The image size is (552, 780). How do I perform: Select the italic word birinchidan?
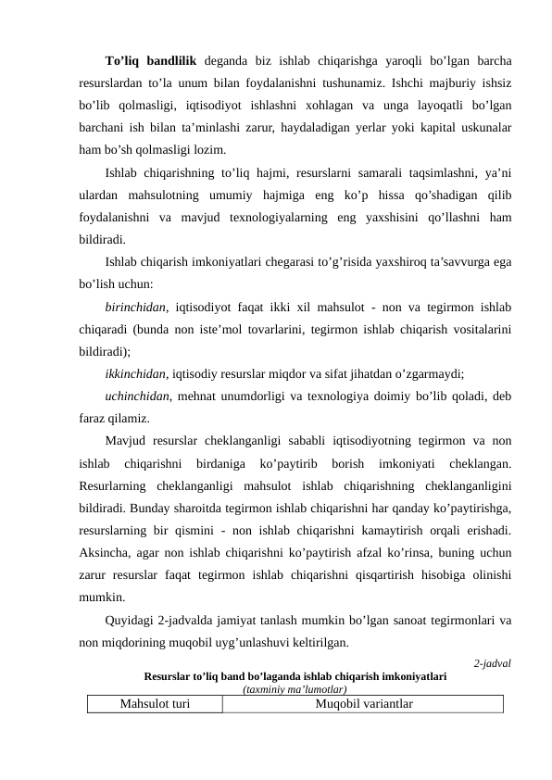tap(135, 307)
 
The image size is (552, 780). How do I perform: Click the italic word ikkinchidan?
tap(136, 374)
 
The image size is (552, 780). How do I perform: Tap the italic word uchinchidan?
tap(136, 396)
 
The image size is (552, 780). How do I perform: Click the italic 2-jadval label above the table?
tap(492, 663)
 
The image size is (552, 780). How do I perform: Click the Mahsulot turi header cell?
tap(156, 704)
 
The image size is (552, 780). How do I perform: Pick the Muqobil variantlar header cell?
tap(363, 704)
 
